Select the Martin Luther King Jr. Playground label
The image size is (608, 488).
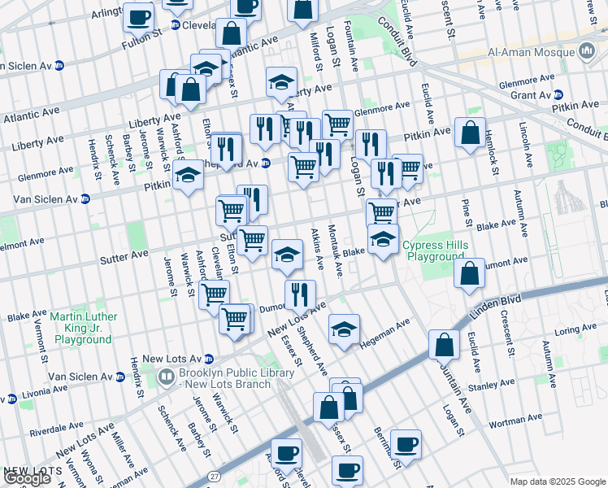[83, 328]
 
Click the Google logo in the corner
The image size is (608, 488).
[28, 478]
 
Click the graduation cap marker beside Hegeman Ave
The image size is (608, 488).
[345, 329]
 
